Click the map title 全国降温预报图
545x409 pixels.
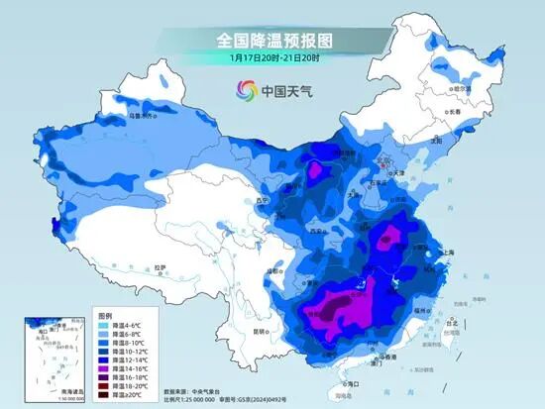point(272,41)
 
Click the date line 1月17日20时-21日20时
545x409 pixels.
point(272,57)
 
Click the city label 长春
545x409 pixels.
point(482,112)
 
